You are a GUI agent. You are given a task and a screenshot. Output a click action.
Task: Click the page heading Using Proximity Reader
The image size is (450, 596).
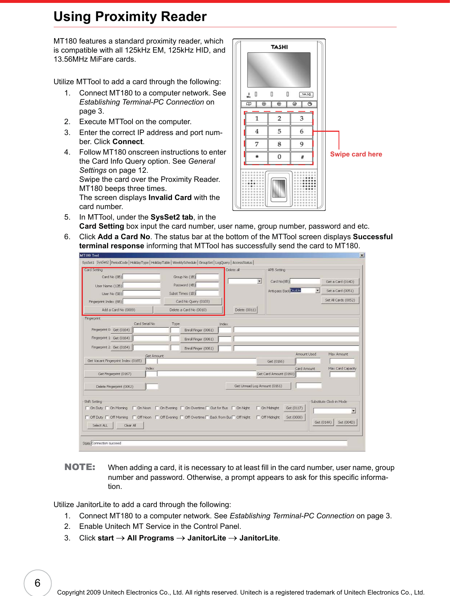click(x=130, y=17)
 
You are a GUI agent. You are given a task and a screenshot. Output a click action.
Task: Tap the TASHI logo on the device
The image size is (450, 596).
click(x=279, y=47)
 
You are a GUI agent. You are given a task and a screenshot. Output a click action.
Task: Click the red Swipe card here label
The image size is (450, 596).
click(x=356, y=154)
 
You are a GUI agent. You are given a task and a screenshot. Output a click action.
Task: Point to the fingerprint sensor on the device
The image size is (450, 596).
click(x=279, y=188)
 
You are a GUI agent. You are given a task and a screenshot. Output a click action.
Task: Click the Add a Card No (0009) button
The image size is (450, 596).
click(x=118, y=310)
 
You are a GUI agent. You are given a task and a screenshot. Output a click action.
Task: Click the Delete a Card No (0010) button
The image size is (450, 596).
click(x=188, y=310)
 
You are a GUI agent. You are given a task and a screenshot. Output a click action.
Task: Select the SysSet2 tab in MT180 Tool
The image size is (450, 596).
click(x=102, y=262)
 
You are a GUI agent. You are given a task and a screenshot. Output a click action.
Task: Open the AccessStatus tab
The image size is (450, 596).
click(x=242, y=262)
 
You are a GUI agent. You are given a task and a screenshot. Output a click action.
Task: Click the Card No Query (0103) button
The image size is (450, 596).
click(x=193, y=301)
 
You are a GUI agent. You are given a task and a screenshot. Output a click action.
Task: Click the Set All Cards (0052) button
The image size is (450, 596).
click(x=340, y=300)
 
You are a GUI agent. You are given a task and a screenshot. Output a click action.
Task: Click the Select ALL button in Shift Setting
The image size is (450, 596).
click(x=100, y=425)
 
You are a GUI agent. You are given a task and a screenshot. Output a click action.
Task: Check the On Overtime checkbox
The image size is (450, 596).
click(x=183, y=408)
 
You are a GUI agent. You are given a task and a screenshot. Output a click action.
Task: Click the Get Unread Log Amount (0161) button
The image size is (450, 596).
click(x=258, y=386)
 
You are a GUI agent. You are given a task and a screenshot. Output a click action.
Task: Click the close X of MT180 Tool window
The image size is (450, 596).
click(x=362, y=255)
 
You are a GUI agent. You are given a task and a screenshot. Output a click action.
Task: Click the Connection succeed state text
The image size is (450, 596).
click(x=106, y=443)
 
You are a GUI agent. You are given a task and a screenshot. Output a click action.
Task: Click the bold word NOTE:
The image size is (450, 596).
click(x=80, y=467)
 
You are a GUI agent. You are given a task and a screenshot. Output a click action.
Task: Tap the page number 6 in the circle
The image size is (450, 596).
click(x=37, y=583)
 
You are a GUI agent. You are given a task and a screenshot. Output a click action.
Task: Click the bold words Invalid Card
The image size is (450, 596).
click(x=170, y=197)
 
